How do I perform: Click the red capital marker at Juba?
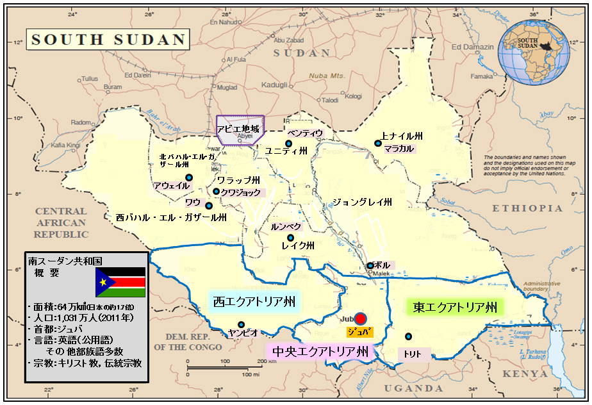(361, 318)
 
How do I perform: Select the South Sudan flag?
(120, 283)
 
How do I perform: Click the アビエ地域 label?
(238, 129)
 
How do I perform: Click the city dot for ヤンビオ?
(241, 324)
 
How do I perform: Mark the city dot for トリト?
(408, 336)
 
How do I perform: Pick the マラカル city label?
(399, 149)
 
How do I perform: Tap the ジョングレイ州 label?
(362, 202)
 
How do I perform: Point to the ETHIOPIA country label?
(527, 208)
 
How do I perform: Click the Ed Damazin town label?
(473, 47)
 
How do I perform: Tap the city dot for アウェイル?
(189, 178)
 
